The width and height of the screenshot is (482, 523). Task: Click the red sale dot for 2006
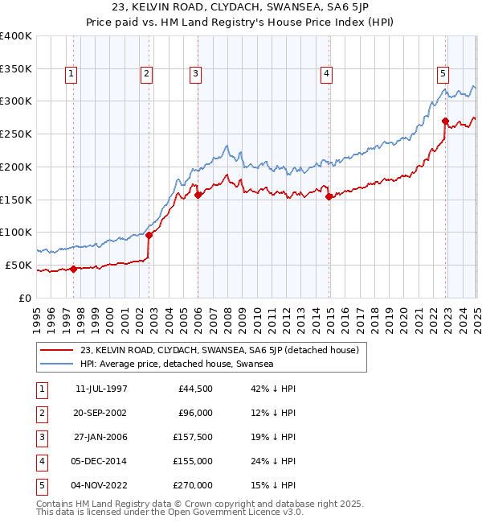[x=198, y=194]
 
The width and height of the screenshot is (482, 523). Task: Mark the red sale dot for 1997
[x=73, y=269]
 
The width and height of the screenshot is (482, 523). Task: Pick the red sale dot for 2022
[x=445, y=121]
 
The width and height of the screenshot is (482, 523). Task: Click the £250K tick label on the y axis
[x=16, y=134]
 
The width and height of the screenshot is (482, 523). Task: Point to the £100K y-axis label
[x=16, y=232]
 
